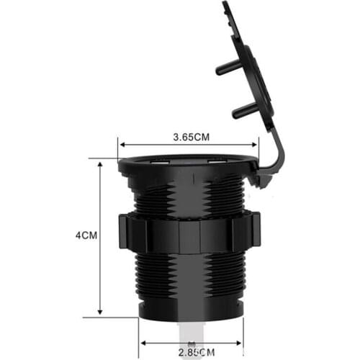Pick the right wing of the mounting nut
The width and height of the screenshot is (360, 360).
point(246,232)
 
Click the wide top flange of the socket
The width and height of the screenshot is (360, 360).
point(187,167)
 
